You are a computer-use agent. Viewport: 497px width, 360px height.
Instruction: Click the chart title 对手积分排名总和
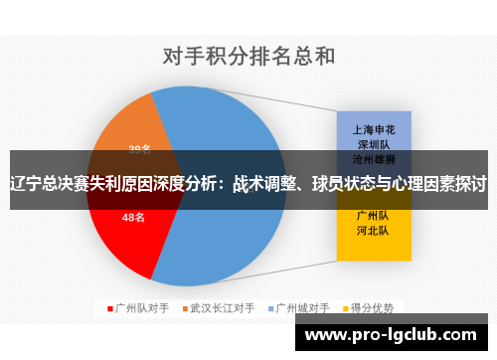(x=248, y=56)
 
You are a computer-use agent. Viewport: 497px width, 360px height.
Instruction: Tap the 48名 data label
(x=132, y=216)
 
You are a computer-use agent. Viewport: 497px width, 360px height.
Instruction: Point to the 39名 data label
(x=139, y=150)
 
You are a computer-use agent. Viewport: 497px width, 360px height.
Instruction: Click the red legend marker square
(x=109, y=307)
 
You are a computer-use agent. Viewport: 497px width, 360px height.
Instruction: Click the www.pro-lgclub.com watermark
(x=396, y=337)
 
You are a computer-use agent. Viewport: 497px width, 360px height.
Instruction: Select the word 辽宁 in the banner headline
(x=22, y=184)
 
